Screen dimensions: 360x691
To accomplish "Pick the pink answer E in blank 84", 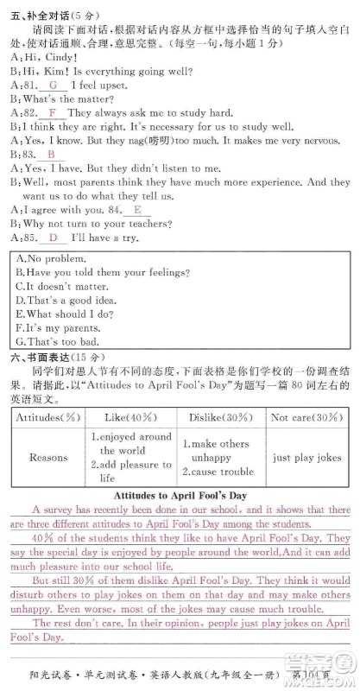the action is point(137,210).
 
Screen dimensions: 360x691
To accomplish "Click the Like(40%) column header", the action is point(127,417).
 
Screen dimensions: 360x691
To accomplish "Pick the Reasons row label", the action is point(48,458).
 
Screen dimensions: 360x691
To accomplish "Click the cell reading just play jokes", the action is point(306,458).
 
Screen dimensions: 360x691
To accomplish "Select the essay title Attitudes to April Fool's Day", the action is point(180,496).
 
